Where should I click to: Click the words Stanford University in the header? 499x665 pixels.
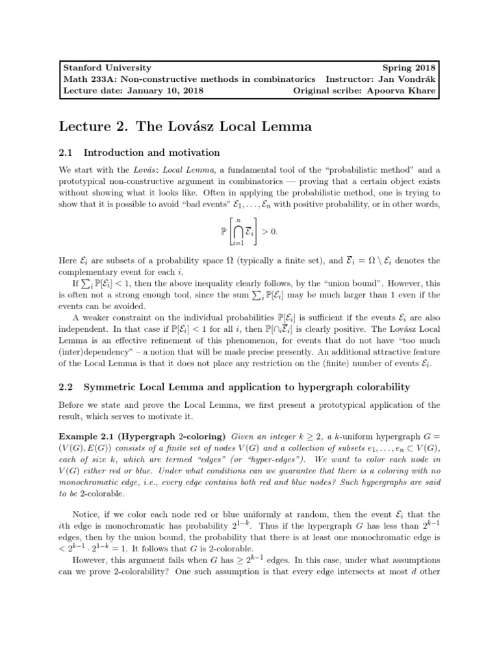pyautogui.click(x=107, y=68)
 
